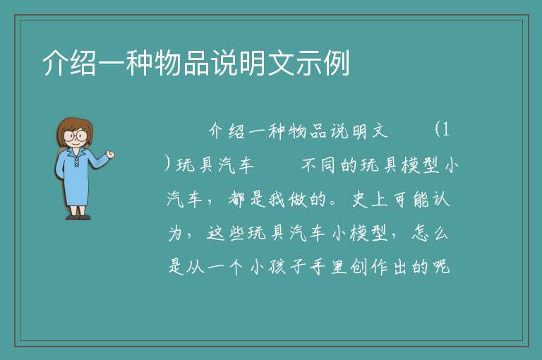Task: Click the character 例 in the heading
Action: pyautogui.click(x=337, y=63)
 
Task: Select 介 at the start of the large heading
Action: pyautogui.click(x=55, y=63)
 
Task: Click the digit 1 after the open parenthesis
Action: pyautogui.click(x=445, y=130)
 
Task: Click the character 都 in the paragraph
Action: pyautogui.click(x=237, y=199)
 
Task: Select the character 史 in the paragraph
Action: pyautogui.click(x=361, y=199)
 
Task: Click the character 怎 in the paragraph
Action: pyautogui.click(x=420, y=233)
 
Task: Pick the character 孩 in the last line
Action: pyautogui.click(x=277, y=267)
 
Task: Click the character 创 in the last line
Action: pyautogui.click(x=359, y=267)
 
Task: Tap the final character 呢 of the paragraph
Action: pyautogui.click(x=441, y=267)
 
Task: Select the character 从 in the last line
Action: pyautogui.click(x=195, y=267)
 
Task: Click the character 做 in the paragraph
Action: pyautogui.click(x=297, y=199)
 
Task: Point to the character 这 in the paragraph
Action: pyautogui.click(x=216, y=233)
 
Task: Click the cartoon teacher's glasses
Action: pyautogui.click(x=76, y=135)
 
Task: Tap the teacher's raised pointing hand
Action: pyautogui.click(x=110, y=155)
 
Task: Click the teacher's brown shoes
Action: pyautogui.click(x=78, y=217)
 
